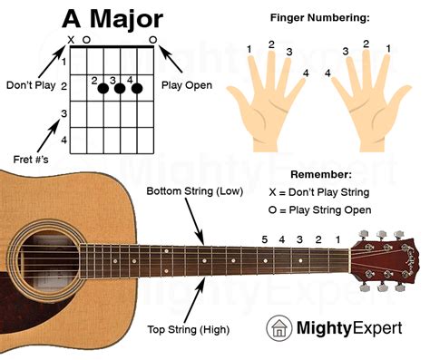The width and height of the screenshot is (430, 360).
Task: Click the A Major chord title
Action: (x=112, y=18)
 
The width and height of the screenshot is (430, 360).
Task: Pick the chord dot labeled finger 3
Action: (x=118, y=89)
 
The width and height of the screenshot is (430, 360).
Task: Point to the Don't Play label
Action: (x=30, y=86)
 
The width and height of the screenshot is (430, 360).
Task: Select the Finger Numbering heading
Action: (x=321, y=17)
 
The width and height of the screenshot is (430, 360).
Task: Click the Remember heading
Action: (x=321, y=173)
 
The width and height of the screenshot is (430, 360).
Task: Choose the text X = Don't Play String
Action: (x=320, y=192)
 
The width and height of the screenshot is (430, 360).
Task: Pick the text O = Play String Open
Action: (x=320, y=210)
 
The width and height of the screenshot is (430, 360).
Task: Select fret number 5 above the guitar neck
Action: (x=265, y=238)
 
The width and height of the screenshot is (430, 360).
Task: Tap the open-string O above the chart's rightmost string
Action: (x=152, y=40)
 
